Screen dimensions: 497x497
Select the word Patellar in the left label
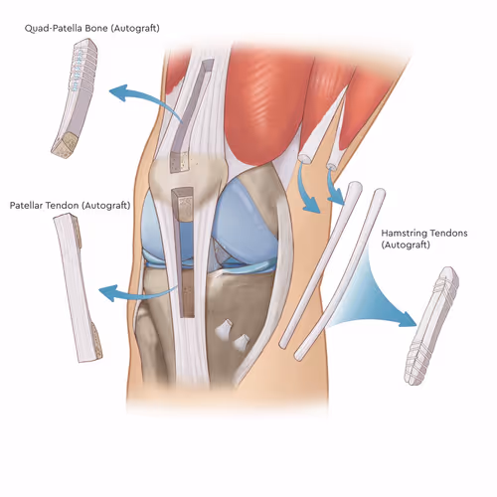(26, 206)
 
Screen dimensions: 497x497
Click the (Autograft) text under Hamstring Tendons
(406, 246)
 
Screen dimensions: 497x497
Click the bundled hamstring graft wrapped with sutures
(431, 326)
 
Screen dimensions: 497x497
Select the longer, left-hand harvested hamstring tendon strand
(321, 265)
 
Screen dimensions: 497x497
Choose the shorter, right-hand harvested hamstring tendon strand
(340, 275)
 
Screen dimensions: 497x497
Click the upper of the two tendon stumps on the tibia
(225, 329)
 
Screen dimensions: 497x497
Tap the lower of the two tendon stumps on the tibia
(242, 342)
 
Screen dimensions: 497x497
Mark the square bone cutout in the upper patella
(179, 162)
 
